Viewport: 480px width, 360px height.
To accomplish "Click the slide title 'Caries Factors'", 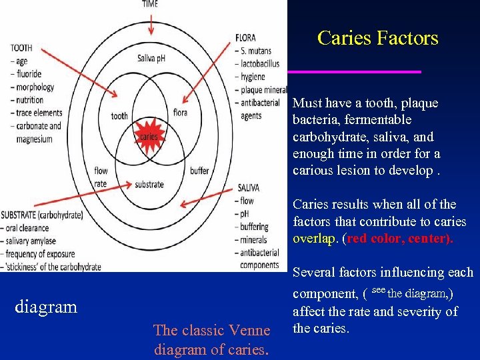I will click(x=378, y=38).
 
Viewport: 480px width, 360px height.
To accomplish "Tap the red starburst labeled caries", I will click(x=149, y=137).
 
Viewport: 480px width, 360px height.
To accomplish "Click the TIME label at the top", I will click(x=151, y=5).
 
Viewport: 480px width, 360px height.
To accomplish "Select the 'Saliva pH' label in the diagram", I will click(x=151, y=58).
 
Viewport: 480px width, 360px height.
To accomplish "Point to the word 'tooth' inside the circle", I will click(x=119, y=116).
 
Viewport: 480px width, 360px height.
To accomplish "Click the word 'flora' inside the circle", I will click(x=180, y=113).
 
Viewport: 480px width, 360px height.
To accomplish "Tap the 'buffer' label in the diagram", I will click(x=199, y=171).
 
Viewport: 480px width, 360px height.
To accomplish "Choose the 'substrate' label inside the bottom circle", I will click(x=150, y=184).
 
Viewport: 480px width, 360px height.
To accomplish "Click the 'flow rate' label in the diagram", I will click(x=101, y=177).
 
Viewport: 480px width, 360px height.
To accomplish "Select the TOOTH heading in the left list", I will click(x=22, y=48).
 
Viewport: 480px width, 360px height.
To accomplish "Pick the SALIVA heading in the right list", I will click(x=249, y=189).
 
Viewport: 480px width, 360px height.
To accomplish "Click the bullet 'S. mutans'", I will click(x=256, y=51).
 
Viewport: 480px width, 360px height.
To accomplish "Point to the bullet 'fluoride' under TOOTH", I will click(x=30, y=74).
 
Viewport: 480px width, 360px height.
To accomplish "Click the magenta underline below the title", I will click(x=354, y=71).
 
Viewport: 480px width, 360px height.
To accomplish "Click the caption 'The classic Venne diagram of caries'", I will click(x=211, y=339).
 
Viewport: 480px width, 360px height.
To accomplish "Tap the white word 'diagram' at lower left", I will click(x=46, y=307).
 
